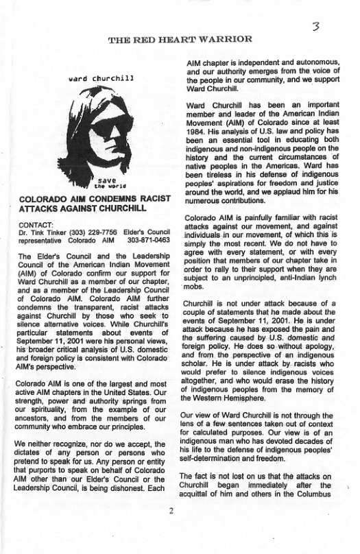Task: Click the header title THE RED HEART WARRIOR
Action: [180, 38]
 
